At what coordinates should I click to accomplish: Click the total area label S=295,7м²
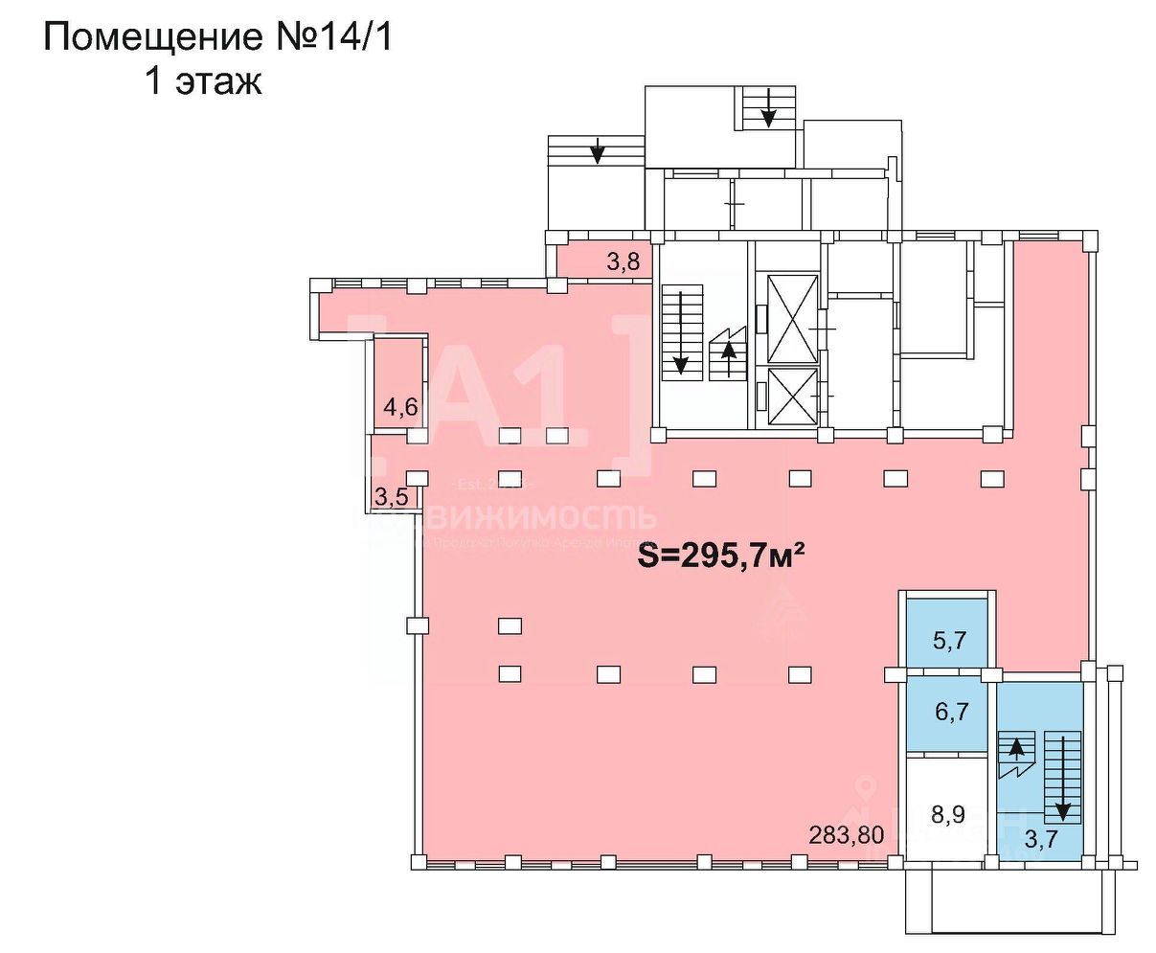[718, 558]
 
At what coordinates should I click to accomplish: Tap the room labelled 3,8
[623, 261]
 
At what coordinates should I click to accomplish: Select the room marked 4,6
[399, 407]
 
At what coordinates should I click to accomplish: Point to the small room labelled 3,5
[391, 496]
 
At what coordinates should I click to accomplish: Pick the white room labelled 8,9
[947, 814]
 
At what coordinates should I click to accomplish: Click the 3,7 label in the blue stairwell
[1041, 841]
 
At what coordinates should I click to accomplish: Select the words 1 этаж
[202, 82]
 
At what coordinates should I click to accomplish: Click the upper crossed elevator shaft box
[786, 317]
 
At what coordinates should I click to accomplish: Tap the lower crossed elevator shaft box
[786, 396]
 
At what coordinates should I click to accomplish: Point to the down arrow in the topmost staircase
[768, 108]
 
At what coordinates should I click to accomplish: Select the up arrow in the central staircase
[729, 353]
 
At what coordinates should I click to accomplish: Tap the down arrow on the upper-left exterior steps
[598, 149]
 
